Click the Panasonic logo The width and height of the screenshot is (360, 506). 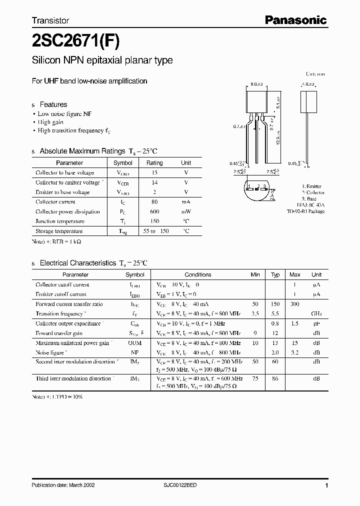(295, 20)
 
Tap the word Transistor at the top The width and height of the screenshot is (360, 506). (50, 21)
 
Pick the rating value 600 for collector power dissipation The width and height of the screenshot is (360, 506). (154, 211)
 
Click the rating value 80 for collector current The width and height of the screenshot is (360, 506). (154, 202)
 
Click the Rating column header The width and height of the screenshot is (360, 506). (154, 163)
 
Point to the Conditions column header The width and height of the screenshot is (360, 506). (198, 274)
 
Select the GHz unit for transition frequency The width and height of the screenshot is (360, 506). (316, 314)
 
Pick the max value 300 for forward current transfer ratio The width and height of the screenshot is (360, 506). (295, 304)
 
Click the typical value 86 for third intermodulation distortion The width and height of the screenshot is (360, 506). (275, 378)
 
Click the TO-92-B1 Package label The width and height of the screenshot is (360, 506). (306, 211)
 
